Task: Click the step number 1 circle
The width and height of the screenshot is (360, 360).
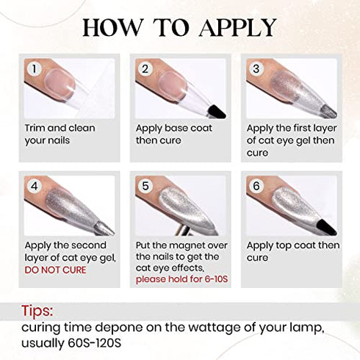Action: [32, 69]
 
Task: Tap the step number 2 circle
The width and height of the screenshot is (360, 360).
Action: [145, 69]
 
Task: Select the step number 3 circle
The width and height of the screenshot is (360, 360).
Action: [256, 69]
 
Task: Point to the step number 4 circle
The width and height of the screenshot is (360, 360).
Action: [32, 186]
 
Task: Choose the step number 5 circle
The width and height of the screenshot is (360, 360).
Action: [145, 186]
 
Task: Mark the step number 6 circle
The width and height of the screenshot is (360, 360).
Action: [256, 186]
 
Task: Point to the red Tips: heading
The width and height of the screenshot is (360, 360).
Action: [38, 311]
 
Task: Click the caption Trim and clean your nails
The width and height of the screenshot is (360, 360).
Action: [60, 134]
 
